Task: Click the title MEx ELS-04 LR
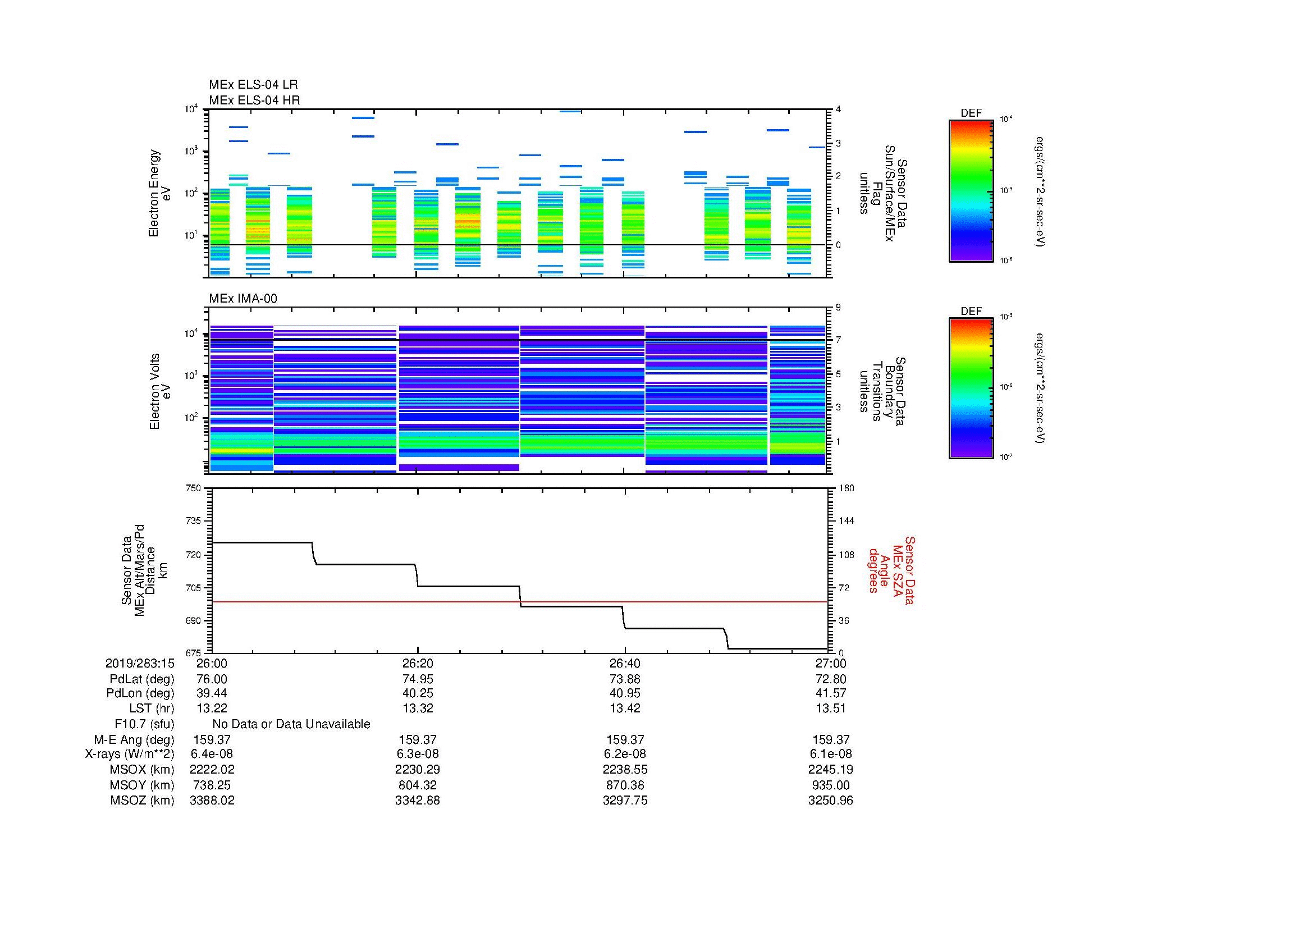253,85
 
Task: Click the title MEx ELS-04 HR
254,100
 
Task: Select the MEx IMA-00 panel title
243,299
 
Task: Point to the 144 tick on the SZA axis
845,521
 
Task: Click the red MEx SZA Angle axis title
891,570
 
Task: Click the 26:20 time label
418,663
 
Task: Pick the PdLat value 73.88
625,679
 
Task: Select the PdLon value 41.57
830,693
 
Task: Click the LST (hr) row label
151,708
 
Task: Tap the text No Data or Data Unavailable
291,724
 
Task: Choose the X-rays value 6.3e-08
418,754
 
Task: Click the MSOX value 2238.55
625,770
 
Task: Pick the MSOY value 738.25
212,785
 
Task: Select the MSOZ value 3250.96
830,801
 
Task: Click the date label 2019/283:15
140,663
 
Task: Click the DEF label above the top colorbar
971,113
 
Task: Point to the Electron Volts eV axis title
160,392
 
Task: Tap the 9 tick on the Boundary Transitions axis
838,308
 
